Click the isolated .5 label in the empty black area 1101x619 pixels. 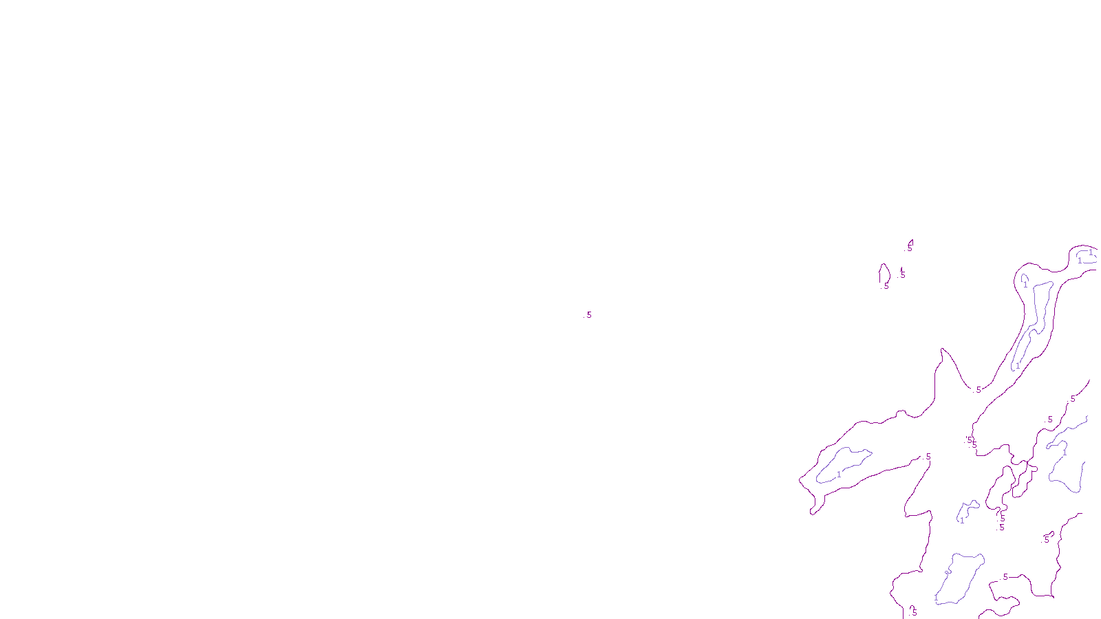tap(588, 315)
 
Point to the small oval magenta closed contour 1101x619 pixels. tap(884, 274)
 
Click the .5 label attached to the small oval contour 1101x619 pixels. tap(886, 285)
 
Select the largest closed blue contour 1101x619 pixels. tap(960, 578)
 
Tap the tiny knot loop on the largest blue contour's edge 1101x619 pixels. tap(948, 572)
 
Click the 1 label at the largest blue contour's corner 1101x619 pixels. tap(936, 598)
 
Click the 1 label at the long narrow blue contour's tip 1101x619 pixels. tap(1018, 366)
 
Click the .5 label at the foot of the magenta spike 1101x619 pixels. tap(978, 390)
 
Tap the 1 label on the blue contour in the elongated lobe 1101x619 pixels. tap(839, 475)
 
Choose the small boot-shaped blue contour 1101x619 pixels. tap(968, 510)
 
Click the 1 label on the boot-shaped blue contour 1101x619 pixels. tap(962, 520)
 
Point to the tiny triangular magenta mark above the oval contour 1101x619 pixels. tap(910, 243)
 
